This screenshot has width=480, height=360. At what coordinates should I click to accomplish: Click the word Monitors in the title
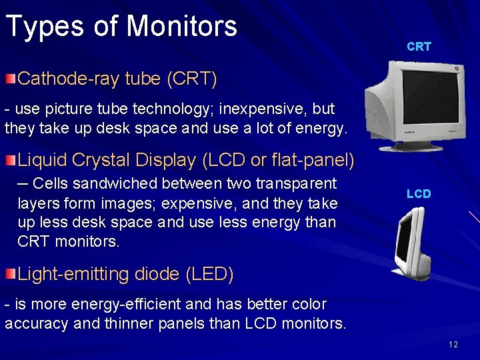pyautogui.click(x=181, y=26)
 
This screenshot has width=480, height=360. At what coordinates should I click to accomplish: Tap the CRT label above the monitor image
pyautogui.click(x=419, y=47)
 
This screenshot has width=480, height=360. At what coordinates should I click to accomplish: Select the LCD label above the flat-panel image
pyautogui.click(x=419, y=194)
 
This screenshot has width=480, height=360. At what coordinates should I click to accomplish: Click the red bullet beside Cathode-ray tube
pyautogui.click(x=10, y=80)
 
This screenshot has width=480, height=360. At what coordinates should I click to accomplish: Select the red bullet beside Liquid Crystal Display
pyautogui.click(x=10, y=161)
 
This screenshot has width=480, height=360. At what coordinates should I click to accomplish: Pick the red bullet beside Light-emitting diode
pyautogui.click(x=10, y=274)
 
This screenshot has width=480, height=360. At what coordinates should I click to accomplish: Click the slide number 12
pyautogui.click(x=453, y=345)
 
